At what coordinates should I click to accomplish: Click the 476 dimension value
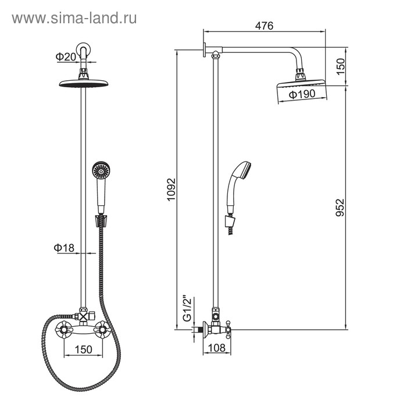click(x=264, y=26)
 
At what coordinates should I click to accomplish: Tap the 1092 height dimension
click(x=172, y=190)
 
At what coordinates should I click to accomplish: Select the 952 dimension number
click(x=340, y=208)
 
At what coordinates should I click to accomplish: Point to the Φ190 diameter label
click(x=302, y=94)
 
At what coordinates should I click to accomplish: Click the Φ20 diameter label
click(x=66, y=56)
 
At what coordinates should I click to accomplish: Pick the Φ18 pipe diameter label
click(x=64, y=248)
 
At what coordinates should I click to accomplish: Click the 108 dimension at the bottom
click(x=217, y=348)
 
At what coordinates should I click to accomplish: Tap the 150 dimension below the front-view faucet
click(x=83, y=349)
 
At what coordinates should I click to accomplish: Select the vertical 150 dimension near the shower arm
click(x=341, y=67)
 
